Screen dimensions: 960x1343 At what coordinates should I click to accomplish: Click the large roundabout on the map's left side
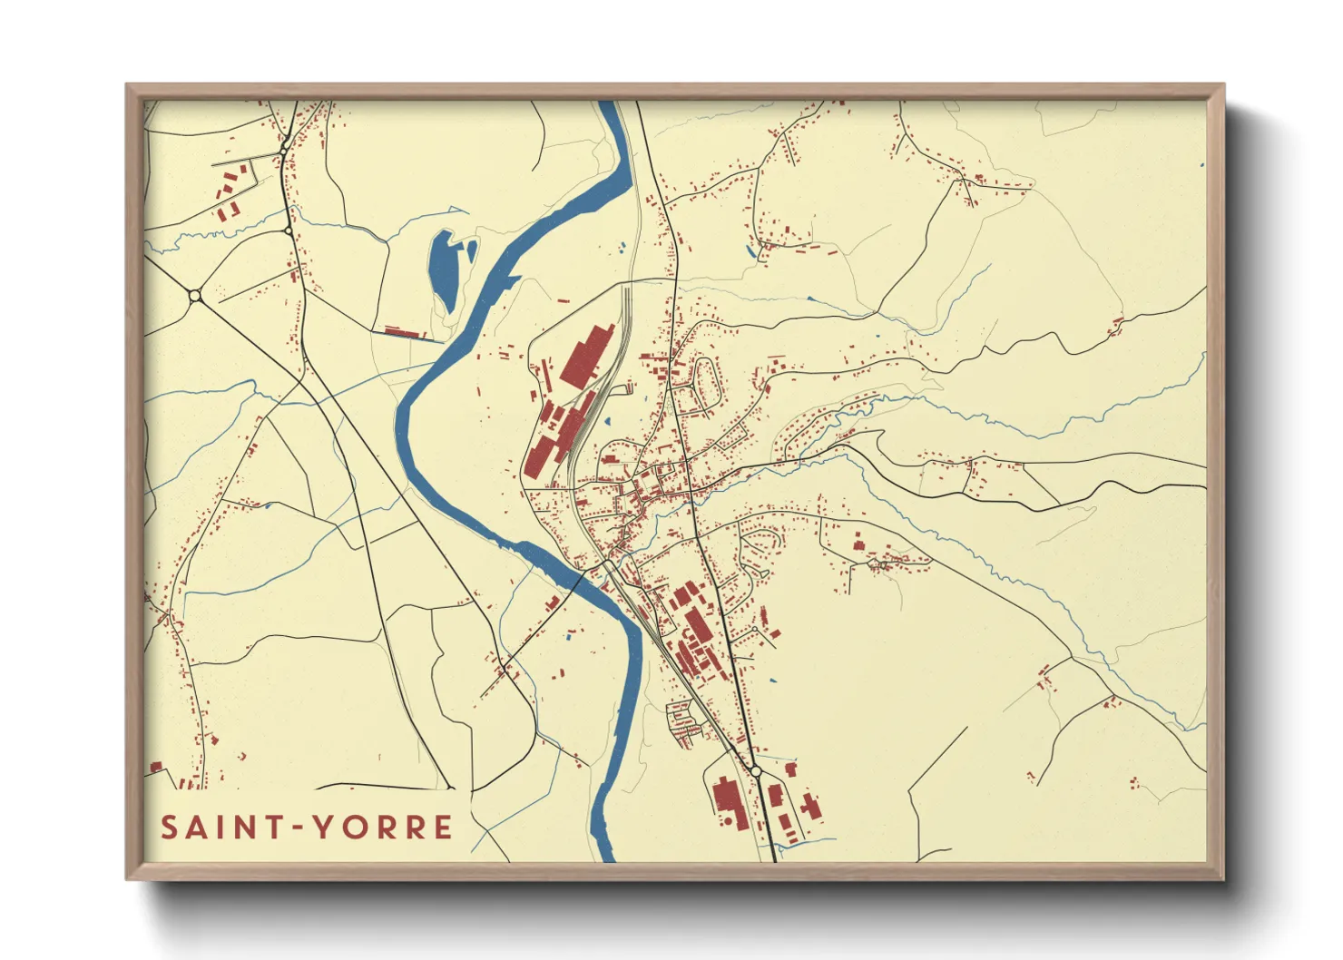point(195,296)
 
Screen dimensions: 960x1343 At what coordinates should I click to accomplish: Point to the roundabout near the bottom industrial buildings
point(755,771)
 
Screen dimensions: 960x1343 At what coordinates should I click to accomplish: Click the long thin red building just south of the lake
point(405,333)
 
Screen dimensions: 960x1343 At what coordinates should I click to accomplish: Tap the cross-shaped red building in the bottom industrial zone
point(809,805)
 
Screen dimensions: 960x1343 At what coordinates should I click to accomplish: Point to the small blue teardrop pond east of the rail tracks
point(607,420)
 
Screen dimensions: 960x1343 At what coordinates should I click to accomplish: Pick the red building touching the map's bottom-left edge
point(155,768)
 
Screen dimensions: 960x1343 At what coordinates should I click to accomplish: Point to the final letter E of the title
point(443,828)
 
